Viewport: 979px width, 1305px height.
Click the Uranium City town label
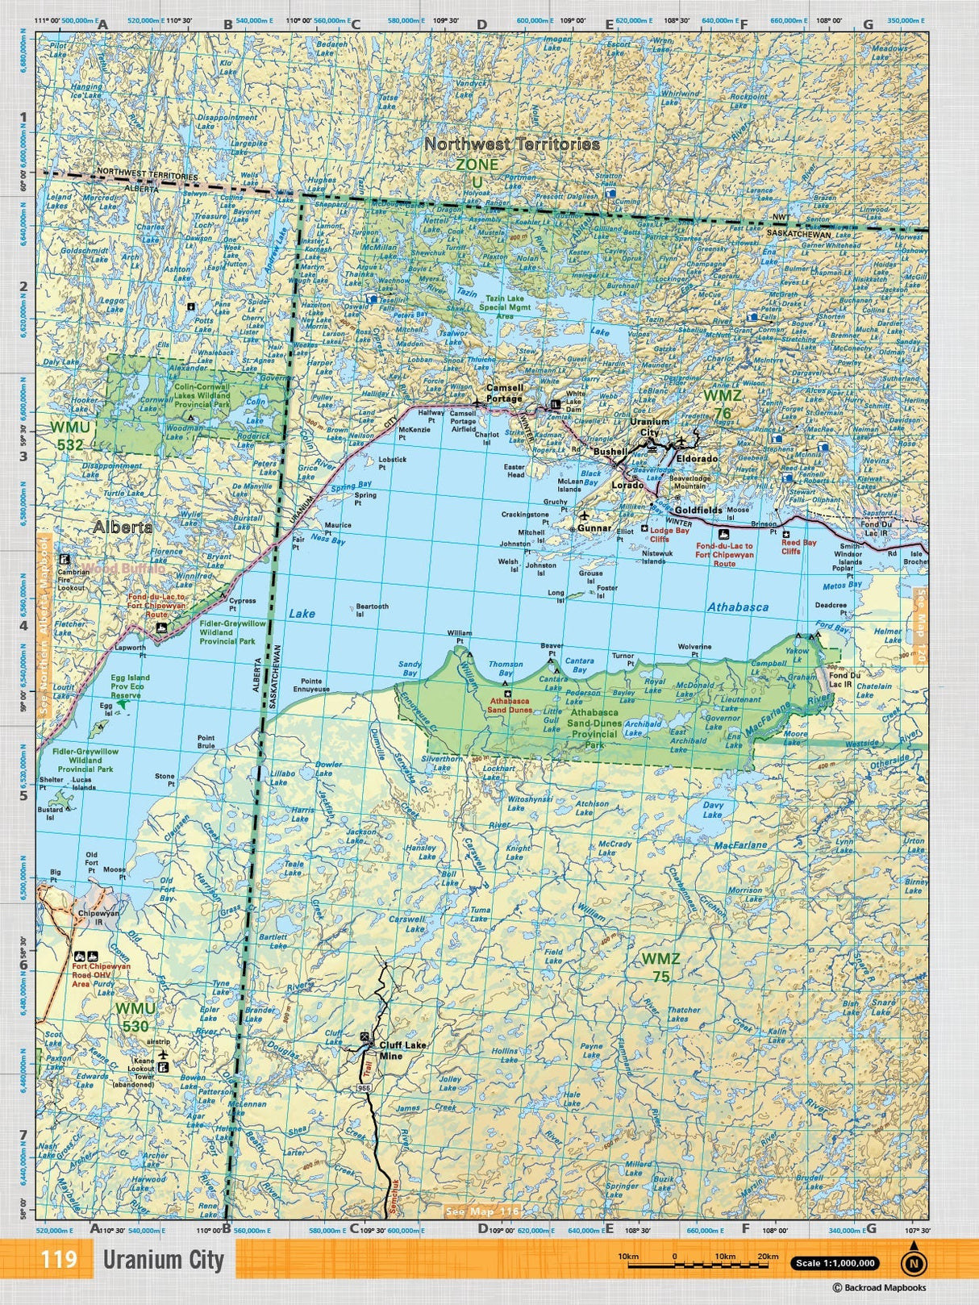click(649, 427)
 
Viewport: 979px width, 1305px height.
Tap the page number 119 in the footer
click(59, 1259)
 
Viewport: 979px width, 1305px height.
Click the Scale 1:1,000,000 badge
click(834, 1264)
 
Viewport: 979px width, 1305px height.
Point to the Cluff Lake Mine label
click(402, 1050)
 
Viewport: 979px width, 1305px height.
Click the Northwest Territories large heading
click(512, 144)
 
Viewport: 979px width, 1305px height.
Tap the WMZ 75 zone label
click(660, 967)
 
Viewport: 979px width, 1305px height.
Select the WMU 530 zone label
click(135, 1017)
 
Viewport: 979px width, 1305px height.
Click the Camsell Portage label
click(504, 393)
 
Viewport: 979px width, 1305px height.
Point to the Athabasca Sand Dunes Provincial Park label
click(594, 728)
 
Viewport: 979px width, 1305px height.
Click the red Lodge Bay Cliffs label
click(669, 535)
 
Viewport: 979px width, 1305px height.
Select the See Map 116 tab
click(482, 1211)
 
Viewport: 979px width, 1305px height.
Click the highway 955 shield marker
click(365, 1088)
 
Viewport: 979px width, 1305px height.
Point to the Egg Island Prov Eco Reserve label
click(129, 686)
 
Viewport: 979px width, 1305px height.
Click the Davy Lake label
click(713, 810)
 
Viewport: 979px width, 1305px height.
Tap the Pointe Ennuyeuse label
click(311, 686)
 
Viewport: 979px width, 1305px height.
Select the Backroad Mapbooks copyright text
click(879, 1288)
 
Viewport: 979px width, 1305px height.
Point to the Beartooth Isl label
click(372, 610)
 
